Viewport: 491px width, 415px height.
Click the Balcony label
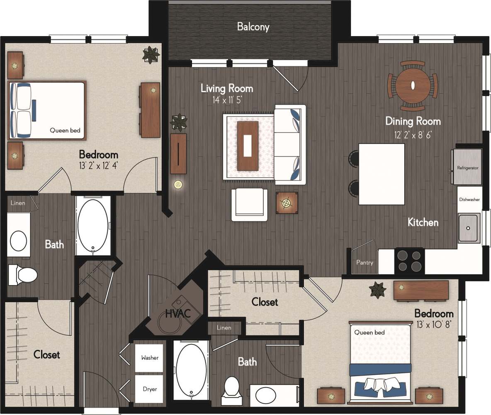point(253,27)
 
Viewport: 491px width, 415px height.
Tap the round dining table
point(413,86)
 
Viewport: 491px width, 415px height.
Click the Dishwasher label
point(469,200)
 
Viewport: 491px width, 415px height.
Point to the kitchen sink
point(469,228)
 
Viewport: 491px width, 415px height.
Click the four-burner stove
point(409,260)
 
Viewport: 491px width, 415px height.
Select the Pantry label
point(365,263)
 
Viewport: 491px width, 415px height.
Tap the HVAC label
point(178,313)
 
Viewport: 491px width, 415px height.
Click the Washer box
point(150,357)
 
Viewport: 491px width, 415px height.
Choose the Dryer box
point(150,389)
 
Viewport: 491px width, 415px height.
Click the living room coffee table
point(248,145)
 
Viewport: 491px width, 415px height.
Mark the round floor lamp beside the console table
point(179,184)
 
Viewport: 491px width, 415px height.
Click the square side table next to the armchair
point(287,203)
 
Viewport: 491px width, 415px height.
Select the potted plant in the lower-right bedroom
point(378,289)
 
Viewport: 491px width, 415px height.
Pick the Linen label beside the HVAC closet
point(224,328)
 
